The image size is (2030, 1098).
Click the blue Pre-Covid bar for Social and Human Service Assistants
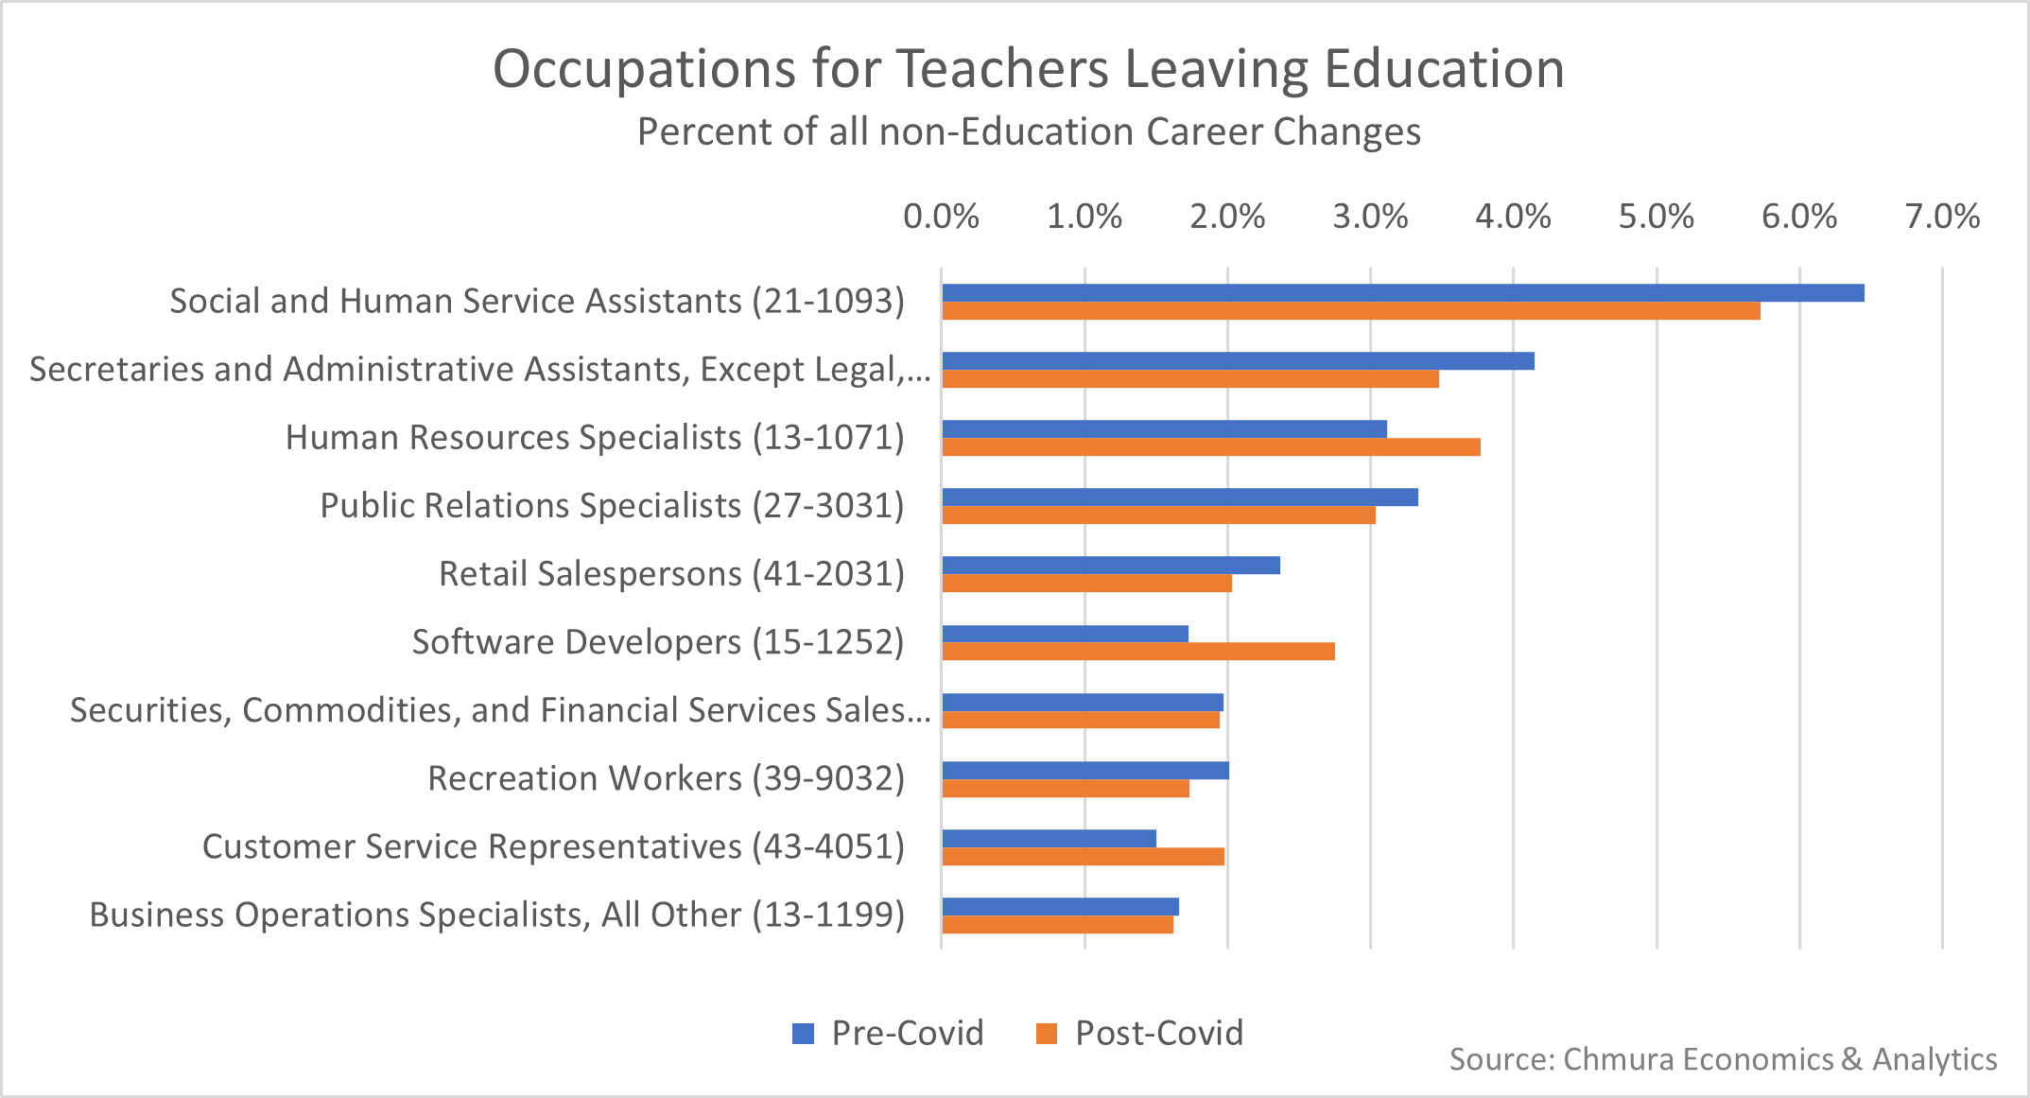pos(1402,293)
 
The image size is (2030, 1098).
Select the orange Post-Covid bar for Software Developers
pos(1138,652)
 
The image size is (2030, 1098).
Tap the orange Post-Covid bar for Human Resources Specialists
pos(1211,447)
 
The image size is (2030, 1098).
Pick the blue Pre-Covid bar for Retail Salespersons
pos(1111,566)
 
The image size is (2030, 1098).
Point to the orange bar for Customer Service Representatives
pos(1084,857)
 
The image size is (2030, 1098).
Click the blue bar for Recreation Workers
pos(1085,771)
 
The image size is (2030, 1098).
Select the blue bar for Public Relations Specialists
pos(1180,497)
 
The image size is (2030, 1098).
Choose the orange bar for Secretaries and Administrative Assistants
pos(1190,379)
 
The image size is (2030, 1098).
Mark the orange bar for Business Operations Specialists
pos(1058,925)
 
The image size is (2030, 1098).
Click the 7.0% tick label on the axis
pos(1942,217)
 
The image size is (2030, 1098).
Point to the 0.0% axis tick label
pos(941,217)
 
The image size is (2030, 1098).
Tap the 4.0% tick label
pos(1513,217)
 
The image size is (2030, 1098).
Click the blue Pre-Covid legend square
pos(803,1034)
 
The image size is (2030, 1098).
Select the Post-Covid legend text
pos(1159,1033)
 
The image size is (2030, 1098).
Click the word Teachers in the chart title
pos(1002,69)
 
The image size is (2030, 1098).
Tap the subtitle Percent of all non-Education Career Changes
pos(1029,131)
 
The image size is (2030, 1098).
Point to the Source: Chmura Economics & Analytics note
pos(1723,1059)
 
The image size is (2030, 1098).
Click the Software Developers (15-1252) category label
pos(658,642)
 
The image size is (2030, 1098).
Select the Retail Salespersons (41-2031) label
pos(671,574)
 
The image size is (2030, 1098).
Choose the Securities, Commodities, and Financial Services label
pos(500,710)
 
